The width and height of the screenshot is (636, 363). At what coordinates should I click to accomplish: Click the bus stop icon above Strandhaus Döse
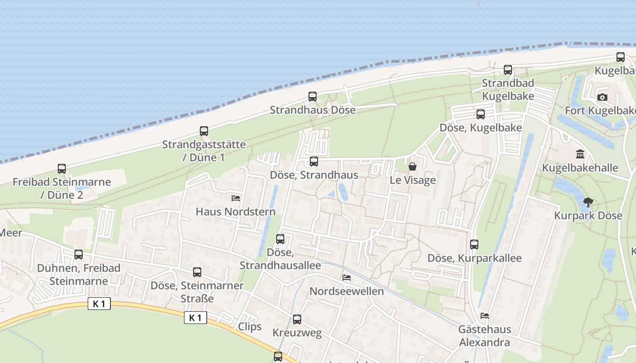tap(313, 97)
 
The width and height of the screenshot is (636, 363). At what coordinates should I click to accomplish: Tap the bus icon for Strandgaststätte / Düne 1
tap(204, 131)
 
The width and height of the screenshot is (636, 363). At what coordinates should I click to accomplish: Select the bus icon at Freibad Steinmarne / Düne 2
tap(62, 169)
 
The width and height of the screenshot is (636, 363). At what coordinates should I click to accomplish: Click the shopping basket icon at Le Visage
tap(412, 167)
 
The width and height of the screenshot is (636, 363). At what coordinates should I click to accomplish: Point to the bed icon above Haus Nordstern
tap(236, 198)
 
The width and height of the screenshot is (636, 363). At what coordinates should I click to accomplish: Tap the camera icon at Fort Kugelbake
tap(602, 97)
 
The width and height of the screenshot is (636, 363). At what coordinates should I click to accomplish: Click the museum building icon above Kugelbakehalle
tap(580, 155)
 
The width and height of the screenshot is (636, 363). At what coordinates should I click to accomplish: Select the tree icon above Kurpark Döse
tap(588, 202)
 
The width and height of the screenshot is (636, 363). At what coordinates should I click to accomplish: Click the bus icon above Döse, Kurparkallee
tap(474, 245)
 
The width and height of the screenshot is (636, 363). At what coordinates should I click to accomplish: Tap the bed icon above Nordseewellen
tap(347, 278)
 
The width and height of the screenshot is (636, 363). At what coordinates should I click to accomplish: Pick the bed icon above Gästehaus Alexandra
tap(485, 316)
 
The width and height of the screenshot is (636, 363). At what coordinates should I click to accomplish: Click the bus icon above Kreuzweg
tap(297, 319)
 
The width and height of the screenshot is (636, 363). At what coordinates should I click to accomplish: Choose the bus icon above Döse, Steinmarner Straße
tap(197, 272)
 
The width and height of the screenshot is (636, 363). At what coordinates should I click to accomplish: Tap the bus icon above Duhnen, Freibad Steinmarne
tap(79, 255)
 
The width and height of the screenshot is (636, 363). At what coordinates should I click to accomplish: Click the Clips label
tap(250, 327)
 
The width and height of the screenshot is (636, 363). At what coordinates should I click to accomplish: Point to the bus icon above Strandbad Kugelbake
tap(508, 70)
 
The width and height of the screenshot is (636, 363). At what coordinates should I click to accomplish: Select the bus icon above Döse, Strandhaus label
tap(314, 162)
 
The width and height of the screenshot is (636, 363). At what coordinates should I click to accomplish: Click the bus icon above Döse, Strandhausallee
tap(280, 239)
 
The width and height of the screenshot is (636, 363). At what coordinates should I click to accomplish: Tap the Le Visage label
tap(412, 180)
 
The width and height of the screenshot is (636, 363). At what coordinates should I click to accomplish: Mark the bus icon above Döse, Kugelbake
tap(481, 114)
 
